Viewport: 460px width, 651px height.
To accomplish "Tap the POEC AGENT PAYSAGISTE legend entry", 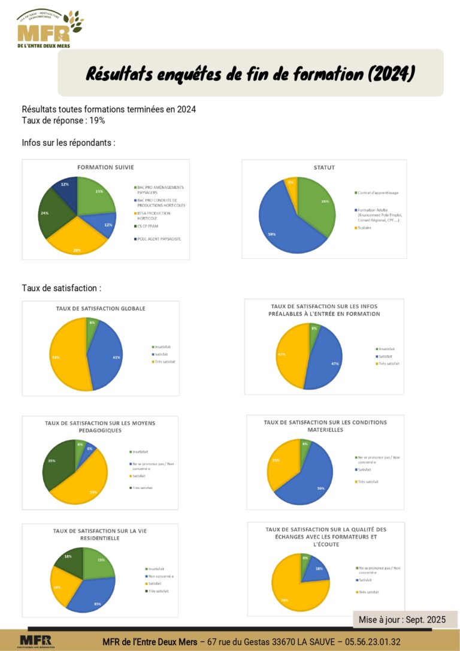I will [x=159, y=239].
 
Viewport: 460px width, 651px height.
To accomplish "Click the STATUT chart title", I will [x=324, y=167].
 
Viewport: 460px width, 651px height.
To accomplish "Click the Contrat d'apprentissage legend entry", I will [x=377, y=192].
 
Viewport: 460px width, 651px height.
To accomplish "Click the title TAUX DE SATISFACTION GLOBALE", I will [x=96, y=309].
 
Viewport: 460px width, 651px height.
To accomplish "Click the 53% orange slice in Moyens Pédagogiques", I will [x=84, y=483].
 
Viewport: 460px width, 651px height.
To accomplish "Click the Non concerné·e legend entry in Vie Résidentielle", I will [x=161, y=576].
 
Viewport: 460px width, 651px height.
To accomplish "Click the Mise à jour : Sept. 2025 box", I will [x=402, y=620].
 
